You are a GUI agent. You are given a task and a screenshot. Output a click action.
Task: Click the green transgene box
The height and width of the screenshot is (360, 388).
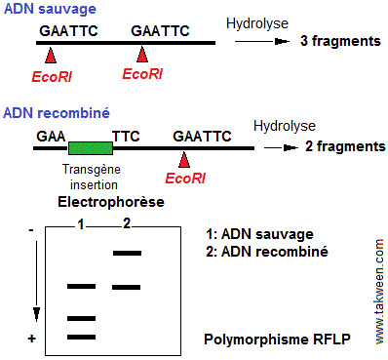point(91,148)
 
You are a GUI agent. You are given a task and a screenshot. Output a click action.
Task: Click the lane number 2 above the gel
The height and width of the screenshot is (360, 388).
point(127,224)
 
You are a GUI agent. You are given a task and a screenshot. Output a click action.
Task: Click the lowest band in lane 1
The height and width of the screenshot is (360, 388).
point(82,337)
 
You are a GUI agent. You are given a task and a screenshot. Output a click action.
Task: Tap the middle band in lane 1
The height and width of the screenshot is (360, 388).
point(82,318)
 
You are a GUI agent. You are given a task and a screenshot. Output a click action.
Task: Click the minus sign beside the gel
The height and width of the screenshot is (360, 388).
point(32,230)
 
